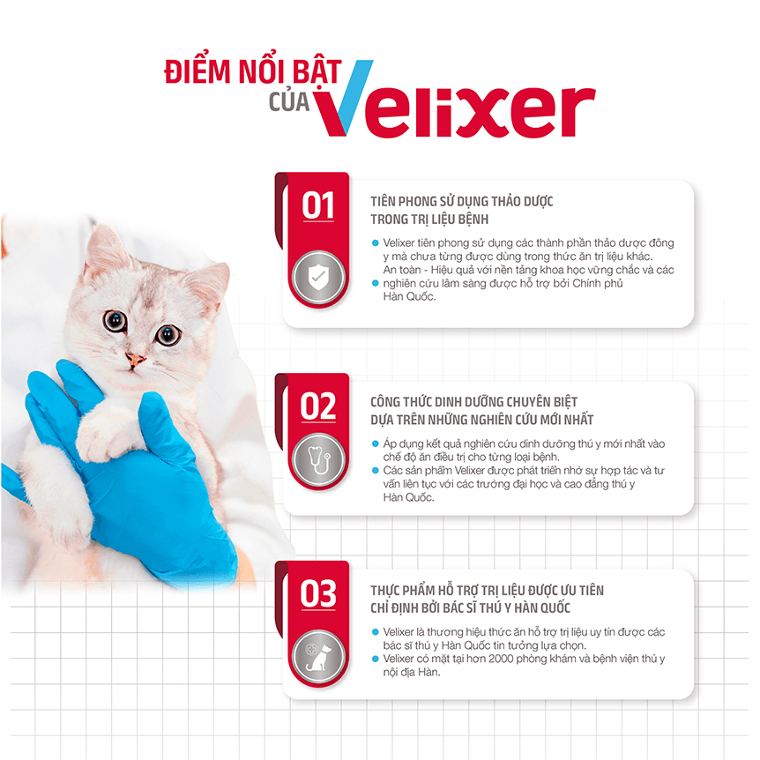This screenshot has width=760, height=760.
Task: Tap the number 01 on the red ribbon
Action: [318, 205]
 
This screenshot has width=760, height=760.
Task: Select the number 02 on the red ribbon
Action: [318, 406]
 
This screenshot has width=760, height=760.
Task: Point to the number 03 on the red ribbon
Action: [318, 593]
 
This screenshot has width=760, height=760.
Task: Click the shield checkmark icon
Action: [318, 278]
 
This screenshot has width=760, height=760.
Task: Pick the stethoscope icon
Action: [318, 460]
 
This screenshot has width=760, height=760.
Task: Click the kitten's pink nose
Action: [135, 360]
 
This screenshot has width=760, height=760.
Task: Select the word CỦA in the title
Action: [289, 102]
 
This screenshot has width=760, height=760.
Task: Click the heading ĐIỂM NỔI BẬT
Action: [253, 71]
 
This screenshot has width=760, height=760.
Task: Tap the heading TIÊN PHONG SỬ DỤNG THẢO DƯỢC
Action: [461, 201]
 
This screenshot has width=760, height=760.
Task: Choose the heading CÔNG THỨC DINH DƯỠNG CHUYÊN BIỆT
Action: [473, 402]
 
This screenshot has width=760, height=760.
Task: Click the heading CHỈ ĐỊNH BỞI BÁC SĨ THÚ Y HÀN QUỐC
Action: [470, 607]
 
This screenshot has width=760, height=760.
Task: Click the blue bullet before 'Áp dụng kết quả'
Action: [375, 443]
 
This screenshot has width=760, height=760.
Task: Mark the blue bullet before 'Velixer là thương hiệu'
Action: [375, 632]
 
